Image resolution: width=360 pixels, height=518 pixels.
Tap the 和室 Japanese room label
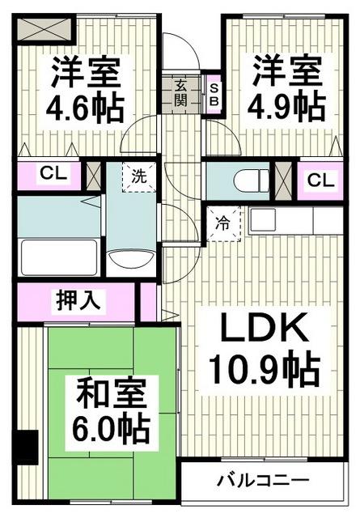(111, 397)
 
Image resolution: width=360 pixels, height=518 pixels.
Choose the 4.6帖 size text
(87, 106)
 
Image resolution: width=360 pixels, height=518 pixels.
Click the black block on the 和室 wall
(27, 444)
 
